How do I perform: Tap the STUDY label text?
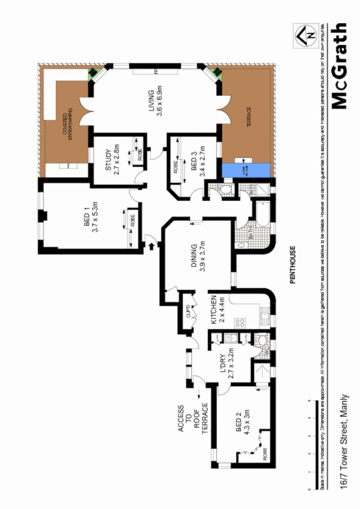click(108, 162)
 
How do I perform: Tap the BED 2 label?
click(240, 429)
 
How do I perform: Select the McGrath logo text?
click(339, 66)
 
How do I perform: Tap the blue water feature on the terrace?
click(246, 171)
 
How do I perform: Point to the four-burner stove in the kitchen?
click(239, 322)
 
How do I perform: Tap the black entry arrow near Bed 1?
click(151, 246)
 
